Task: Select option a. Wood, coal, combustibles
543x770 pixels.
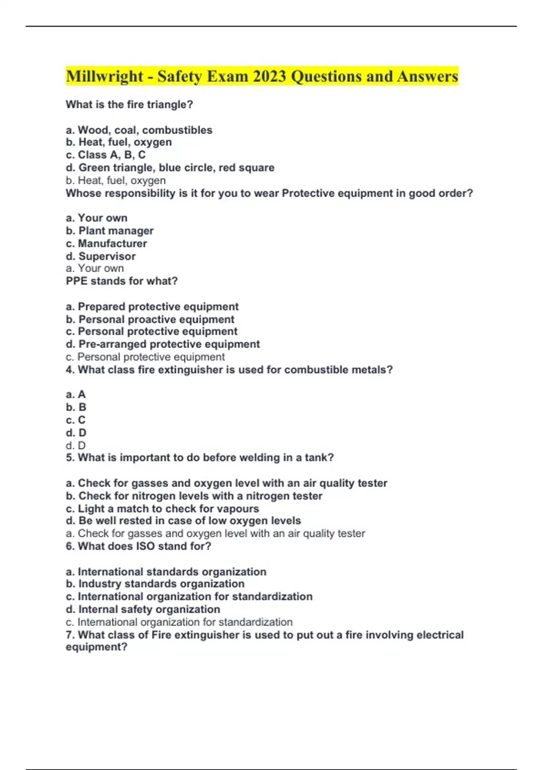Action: point(139,130)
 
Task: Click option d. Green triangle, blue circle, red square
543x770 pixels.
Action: point(170,168)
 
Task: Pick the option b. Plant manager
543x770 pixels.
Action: point(110,231)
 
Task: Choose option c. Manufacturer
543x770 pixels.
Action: point(106,243)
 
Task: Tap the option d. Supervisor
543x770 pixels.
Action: point(101,256)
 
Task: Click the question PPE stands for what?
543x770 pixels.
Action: point(122,281)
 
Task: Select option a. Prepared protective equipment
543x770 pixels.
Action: point(152,307)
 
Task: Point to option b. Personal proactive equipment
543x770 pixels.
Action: point(150,319)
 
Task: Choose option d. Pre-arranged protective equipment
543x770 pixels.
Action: point(163,344)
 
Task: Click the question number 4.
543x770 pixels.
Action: point(70,370)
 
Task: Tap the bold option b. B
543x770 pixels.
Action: point(76,407)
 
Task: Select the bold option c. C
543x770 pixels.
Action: point(76,420)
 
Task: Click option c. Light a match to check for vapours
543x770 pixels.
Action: point(162,509)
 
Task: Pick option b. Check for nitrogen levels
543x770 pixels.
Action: point(194,496)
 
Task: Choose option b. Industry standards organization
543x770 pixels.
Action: point(155,584)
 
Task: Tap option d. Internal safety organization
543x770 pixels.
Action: point(143,609)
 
